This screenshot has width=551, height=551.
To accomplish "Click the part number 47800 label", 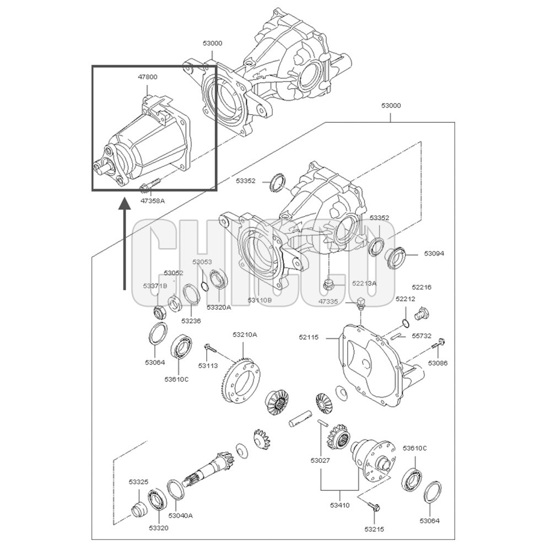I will (147, 77).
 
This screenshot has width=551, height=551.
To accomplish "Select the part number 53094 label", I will (434, 253).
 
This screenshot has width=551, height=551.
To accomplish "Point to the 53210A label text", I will (245, 334).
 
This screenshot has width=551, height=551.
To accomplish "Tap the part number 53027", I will (320, 460).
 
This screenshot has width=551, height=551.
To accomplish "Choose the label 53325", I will (138, 482).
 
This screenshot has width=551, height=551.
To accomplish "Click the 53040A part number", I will (180, 516).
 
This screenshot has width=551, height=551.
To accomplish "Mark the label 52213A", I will (364, 283).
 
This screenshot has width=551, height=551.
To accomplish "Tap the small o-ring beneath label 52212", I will (405, 323).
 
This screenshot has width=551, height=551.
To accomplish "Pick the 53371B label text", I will (155, 286).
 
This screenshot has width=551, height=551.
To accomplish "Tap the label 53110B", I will (260, 300).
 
